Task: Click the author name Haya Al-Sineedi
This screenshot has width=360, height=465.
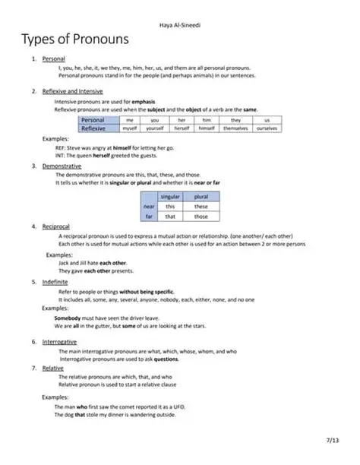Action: [x=179, y=10]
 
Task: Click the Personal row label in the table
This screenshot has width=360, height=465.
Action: [x=97, y=120]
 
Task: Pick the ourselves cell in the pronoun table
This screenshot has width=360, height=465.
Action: [x=267, y=129]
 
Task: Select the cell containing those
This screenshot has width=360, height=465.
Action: [x=201, y=217]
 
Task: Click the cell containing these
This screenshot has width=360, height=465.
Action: [x=201, y=206]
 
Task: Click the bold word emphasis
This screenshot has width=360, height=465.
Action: [x=142, y=101]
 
